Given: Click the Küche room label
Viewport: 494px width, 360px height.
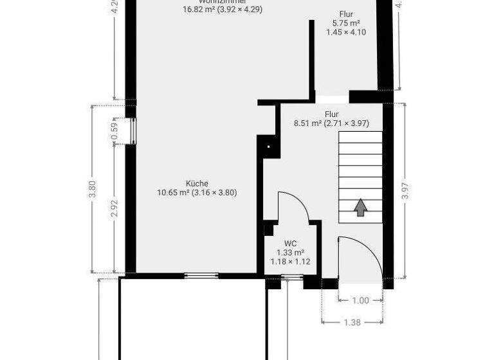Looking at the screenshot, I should tap(197, 183).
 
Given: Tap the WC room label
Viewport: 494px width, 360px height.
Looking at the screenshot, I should tap(291, 244).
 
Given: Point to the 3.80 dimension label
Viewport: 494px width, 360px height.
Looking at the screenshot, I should tap(92, 188).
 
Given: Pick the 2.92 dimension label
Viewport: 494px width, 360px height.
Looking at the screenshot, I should tap(114, 209).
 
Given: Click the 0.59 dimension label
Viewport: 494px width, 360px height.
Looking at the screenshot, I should tap(114, 131).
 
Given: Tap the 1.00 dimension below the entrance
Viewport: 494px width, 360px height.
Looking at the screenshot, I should tap(361, 300).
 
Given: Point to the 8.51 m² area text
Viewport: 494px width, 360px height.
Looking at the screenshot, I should tap(307, 123).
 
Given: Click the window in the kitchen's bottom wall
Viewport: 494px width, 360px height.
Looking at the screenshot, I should tap(201, 275).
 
